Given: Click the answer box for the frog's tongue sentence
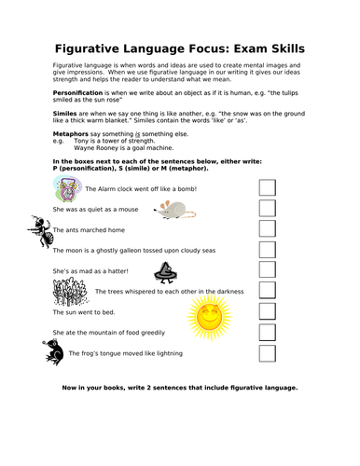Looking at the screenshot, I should pyautogui.click(x=268, y=352).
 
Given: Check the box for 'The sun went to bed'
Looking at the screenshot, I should pyautogui.click(x=268, y=311).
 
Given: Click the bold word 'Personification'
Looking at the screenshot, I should pyautogui.click(x=77, y=94).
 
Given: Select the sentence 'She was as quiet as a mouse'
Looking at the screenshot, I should pyautogui.click(x=99, y=210).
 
